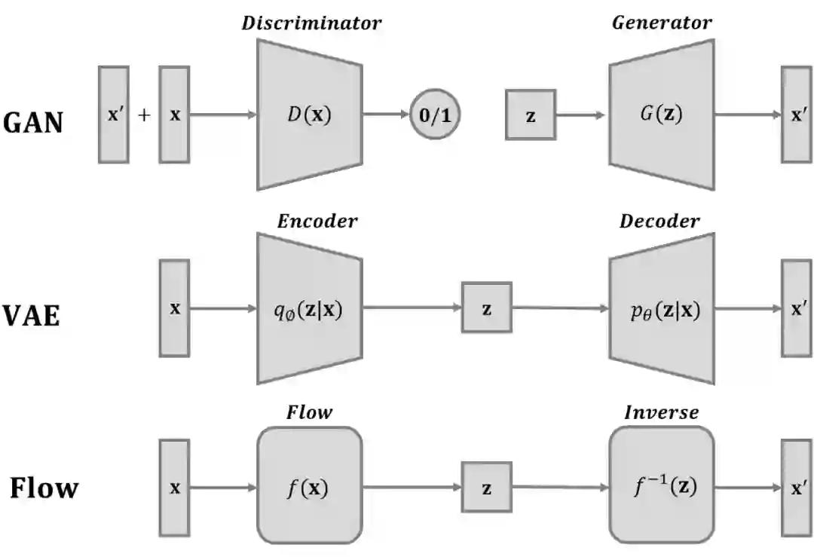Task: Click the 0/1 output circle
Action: pyautogui.click(x=435, y=114)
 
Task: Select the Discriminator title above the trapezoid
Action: pyautogui.click(x=311, y=23)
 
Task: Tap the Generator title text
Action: pyautogui.click(x=662, y=23)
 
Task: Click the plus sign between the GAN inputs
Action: pyautogui.click(x=144, y=115)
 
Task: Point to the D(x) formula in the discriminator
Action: pyautogui.click(x=310, y=114)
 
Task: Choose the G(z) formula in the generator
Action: pyautogui.click(x=662, y=114)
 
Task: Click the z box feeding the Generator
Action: pyautogui.click(x=531, y=115)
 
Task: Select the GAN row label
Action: pyautogui.click(x=32, y=123)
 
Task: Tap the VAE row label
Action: pyautogui.click(x=31, y=316)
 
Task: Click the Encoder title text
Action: pyautogui.click(x=317, y=221)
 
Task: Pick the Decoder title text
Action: pyautogui.click(x=659, y=221)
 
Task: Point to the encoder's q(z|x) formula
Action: pyautogui.click(x=308, y=311)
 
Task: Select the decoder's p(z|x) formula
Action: pyautogui.click(x=666, y=311)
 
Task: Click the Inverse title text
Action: pyautogui.click(x=662, y=412)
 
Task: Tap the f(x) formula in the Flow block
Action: pyautogui.click(x=308, y=488)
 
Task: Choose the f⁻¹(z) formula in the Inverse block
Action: pyautogui.click(x=666, y=486)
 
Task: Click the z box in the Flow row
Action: pyautogui.click(x=486, y=487)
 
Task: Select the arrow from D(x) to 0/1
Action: pyautogui.click(x=386, y=114)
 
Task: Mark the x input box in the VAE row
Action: pyautogui.click(x=174, y=308)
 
